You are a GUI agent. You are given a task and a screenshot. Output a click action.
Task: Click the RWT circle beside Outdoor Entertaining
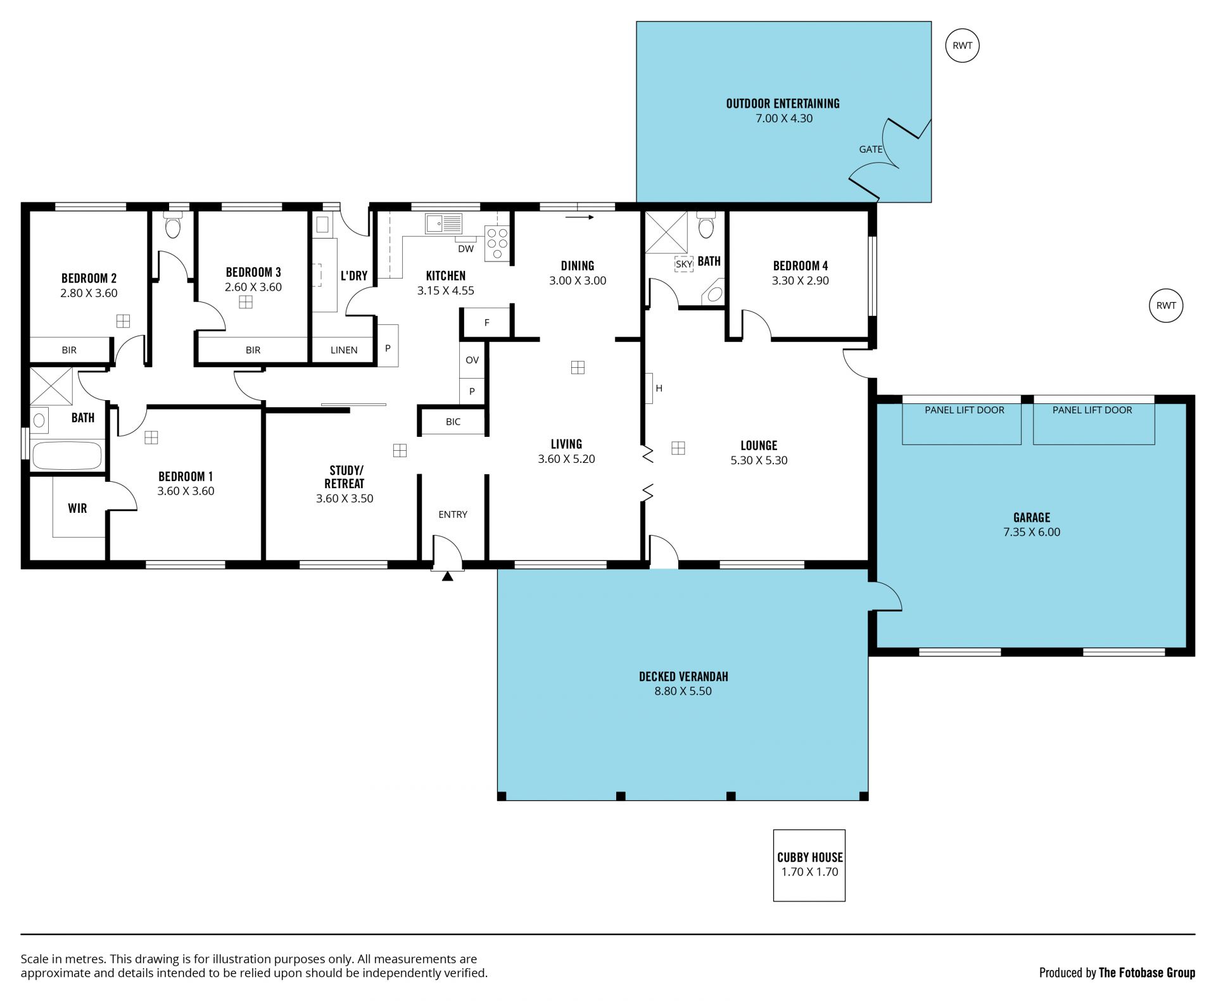[962, 46]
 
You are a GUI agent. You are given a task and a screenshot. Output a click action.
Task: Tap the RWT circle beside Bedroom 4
[1165, 305]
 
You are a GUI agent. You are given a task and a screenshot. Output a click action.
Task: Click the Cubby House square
[809, 865]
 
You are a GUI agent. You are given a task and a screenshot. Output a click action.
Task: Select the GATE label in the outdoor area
[871, 149]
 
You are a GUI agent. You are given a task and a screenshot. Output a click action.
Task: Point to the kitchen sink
[443, 223]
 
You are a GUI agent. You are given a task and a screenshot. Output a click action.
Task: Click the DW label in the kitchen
[465, 249]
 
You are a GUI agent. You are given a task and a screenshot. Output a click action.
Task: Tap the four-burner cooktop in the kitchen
[497, 243]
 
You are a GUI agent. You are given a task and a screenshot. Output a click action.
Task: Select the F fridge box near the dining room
[486, 323]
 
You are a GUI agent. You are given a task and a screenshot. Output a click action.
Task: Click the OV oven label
[472, 360]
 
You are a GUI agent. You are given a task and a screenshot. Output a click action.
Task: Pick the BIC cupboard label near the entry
[453, 422]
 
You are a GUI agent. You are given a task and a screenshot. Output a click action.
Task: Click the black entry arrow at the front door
[447, 576]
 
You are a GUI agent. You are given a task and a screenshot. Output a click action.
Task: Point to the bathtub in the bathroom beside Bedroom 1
[66, 455]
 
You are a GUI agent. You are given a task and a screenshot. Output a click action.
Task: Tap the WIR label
[77, 508]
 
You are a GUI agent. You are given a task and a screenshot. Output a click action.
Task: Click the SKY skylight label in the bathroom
[684, 264]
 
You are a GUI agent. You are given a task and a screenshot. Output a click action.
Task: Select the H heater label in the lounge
[659, 388]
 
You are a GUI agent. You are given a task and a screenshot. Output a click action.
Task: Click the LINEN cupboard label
[344, 350]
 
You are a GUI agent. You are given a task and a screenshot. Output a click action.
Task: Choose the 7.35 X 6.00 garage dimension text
[1031, 532]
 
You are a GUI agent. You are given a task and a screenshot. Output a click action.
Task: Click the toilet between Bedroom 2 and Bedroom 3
[172, 225]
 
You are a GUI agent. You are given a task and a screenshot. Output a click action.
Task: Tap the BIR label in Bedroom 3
[253, 350]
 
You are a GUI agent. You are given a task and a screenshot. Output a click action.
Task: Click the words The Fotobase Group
[1146, 973]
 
